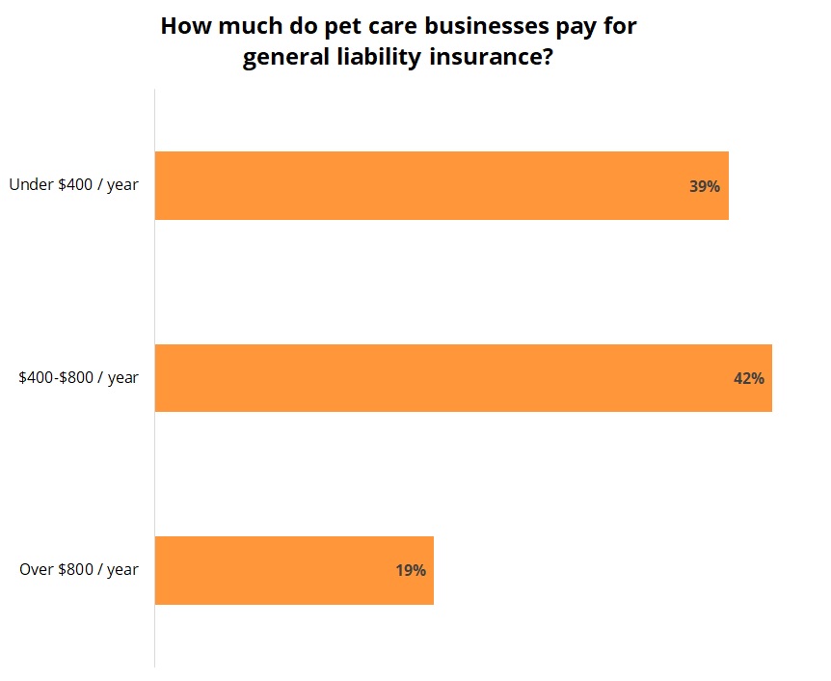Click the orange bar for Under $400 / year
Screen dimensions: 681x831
click(x=442, y=185)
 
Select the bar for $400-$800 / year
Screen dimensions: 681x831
click(x=463, y=378)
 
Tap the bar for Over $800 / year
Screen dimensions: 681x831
click(x=294, y=570)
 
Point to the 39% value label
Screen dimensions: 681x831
click(x=704, y=186)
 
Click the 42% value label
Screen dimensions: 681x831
click(x=748, y=379)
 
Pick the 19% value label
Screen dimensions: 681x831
click(x=410, y=570)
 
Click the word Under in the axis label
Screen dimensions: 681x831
click(x=27, y=184)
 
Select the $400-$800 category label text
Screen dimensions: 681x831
click(x=57, y=377)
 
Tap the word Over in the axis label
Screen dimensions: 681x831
click(x=35, y=569)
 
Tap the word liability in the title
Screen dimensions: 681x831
click(x=370, y=58)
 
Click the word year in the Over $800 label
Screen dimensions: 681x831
click(x=122, y=569)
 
